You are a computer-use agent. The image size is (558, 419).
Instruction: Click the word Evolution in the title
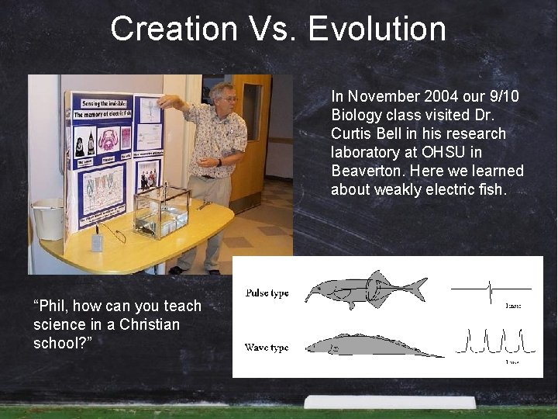point(377,29)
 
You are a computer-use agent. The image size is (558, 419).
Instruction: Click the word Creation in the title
point(173,29)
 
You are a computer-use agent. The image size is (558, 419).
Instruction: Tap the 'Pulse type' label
point(267,293)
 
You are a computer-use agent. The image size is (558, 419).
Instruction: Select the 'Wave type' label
point(267,348)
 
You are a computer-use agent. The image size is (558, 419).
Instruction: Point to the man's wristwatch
point(220,162)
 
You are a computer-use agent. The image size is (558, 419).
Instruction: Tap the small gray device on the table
point(96,241)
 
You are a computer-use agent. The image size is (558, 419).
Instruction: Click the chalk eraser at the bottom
point(389,402)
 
